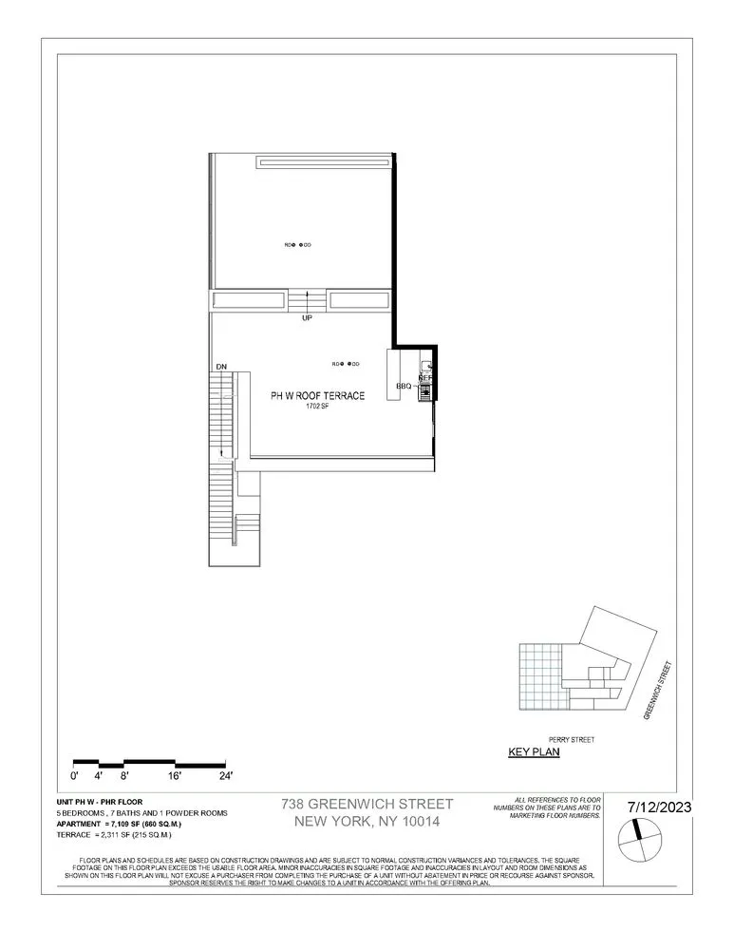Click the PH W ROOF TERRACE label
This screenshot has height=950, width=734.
pos(304,396)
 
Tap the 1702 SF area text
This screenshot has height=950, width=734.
pos(316,407)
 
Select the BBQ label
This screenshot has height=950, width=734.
pos(404,387)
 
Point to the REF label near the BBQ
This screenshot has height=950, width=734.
pos(426,377)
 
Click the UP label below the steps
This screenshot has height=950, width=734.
pos(307,318)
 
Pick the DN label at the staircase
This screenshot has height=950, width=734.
pos(221,366)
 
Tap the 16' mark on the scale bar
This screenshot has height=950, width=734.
pos(174,776)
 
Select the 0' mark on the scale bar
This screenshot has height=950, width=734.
pos(76,776)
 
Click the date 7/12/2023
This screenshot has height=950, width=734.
pos(660,807)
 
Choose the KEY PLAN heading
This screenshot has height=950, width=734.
pos(535,752)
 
